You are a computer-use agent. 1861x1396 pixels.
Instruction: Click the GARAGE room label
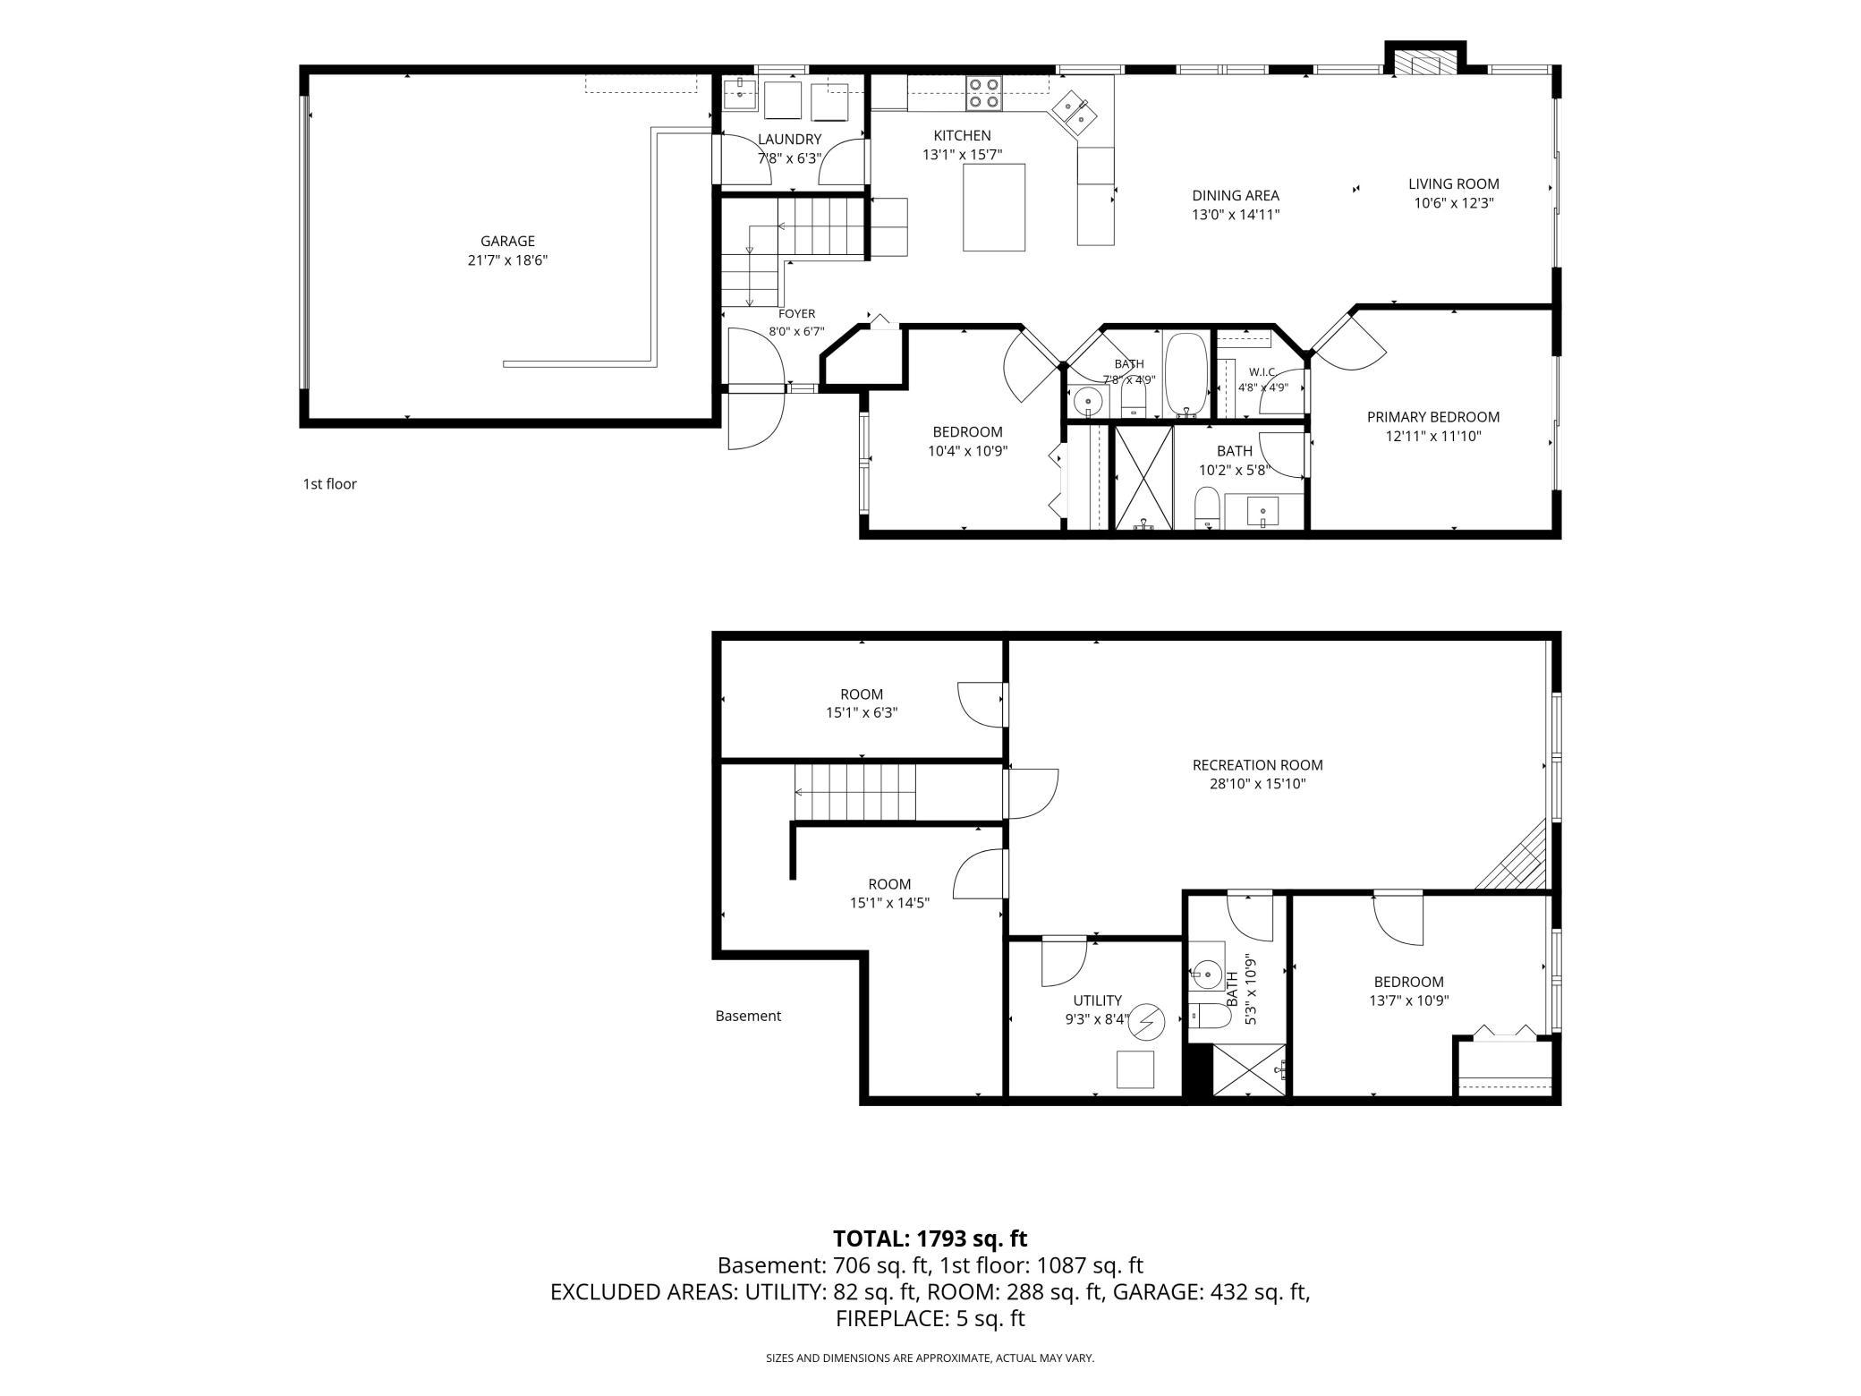(x=507, y=241)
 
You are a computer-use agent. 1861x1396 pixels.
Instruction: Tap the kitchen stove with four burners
(x=984, y=93)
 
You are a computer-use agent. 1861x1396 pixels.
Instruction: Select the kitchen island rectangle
(x=994, y=207)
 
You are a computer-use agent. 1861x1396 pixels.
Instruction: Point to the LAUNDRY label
(x=789, y=140)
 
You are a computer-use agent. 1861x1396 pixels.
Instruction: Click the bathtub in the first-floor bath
(x=1186, y=375)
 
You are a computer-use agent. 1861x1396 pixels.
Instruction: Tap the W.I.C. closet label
(x=1262, y=371)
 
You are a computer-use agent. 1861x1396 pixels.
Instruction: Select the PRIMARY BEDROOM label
(x=1433, y=417)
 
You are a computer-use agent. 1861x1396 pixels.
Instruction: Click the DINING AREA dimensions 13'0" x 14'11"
(x=1236, y=215)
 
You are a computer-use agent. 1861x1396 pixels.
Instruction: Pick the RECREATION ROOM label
(x=1257, y=765)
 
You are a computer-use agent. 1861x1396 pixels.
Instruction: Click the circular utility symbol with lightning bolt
(x=1147, y=1021)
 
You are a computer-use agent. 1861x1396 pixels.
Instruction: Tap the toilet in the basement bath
(x=1210, y=1016)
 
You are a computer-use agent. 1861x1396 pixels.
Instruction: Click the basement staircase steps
(x=856, y=791)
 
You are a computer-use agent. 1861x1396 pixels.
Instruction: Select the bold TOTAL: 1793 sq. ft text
(x=930, y=1239)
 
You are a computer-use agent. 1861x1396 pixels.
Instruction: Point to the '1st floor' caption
(x=329, y=484)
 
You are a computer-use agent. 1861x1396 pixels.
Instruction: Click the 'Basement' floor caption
(x=748, y=1016)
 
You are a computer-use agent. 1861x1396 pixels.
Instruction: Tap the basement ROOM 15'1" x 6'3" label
(x=862, y=703)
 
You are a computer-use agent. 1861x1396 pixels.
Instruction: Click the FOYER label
(x=796, y=314)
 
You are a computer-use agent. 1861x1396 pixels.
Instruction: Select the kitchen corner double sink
(x=1076, y=112)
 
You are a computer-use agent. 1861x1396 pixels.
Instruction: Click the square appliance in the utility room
(x=1135, y=1069)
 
